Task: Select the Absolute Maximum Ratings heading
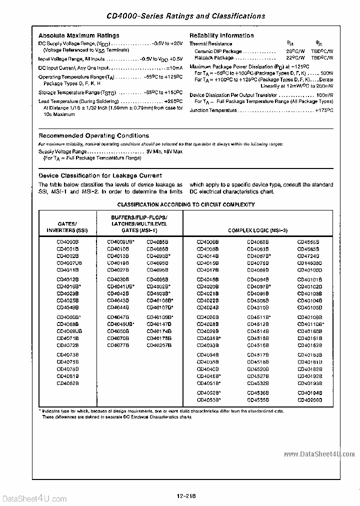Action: pos(79,35)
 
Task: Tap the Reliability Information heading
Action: pos(221,35)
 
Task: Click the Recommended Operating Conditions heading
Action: pos(94,135)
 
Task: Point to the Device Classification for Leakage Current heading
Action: pos(100,175)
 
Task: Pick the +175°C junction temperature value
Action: pos(323,110)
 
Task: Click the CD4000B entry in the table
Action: pos(67,241)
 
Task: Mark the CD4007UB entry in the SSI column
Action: pos(69,262)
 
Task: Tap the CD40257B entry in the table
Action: pos(159,345)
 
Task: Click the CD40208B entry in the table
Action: pos(310,399)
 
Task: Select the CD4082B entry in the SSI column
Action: pos(67,383)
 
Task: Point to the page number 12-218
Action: pos(186,496)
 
